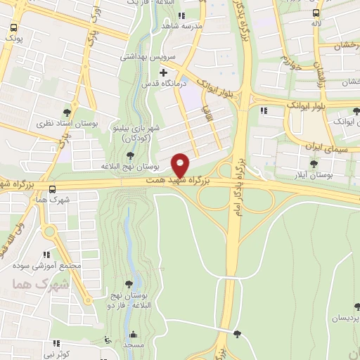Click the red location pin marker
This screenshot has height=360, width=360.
click(181, 165)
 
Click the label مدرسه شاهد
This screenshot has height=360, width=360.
click(162, 26)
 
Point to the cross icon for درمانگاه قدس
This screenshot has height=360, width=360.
click(163, 72)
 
